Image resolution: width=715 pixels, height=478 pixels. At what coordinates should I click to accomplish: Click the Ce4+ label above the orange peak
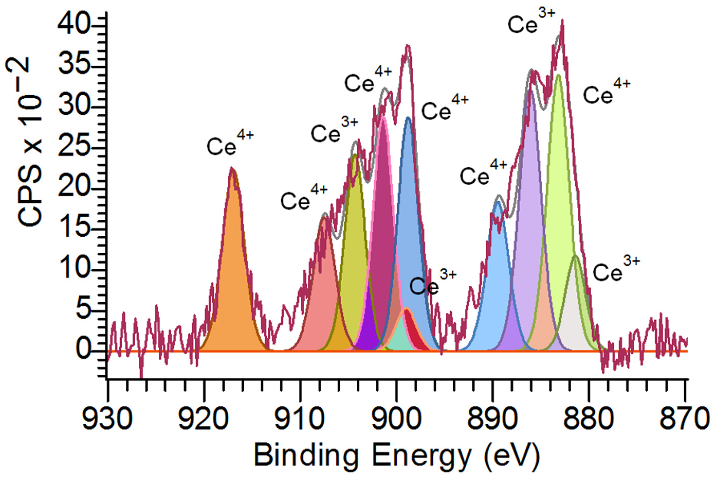tap(230, 143)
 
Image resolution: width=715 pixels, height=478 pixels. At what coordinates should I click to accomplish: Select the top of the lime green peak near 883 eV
tap(558, 75)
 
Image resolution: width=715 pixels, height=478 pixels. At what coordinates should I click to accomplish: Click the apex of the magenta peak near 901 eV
tap(383, 116)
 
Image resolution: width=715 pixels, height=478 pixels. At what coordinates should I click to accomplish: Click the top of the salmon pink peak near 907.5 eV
tap(325, 217)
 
